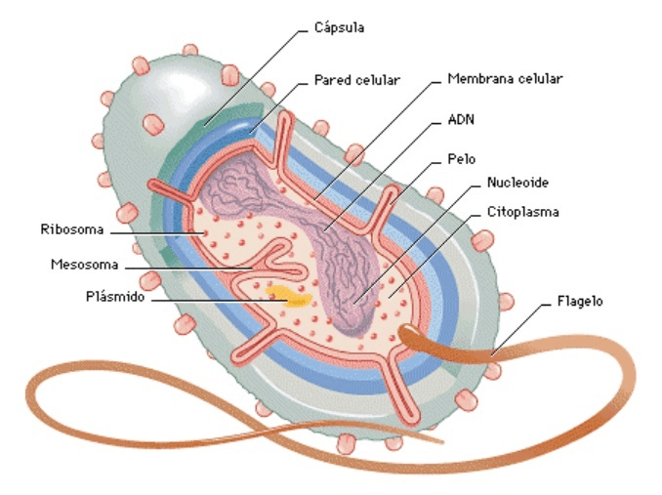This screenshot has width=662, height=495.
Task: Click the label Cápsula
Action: click(339, 27)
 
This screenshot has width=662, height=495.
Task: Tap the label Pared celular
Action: click(357, 78)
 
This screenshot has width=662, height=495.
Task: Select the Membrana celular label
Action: click(505, 77)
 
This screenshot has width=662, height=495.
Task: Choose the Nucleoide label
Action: click(517, 183)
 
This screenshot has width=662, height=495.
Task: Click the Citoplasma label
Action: click(522, 211)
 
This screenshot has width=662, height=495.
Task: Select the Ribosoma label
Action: click(69, 231)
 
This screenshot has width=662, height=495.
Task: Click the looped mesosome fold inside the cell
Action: click(283, 262)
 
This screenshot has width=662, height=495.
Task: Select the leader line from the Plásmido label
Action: click(215, 299)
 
